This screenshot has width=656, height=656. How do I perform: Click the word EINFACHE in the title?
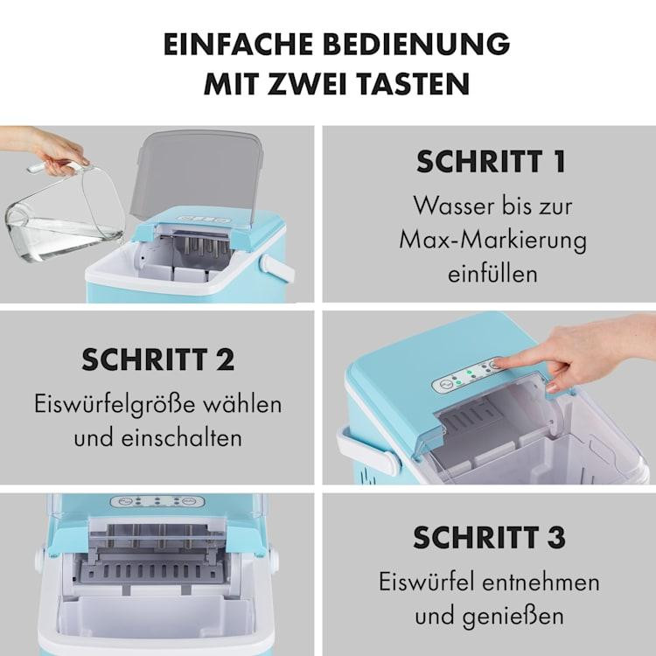(x=238, y=44)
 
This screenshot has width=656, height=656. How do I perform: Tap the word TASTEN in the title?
(x=415, y=84)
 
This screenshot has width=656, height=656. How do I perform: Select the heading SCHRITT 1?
(x=492, y=162)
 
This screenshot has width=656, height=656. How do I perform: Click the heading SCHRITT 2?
(x=158, y=359)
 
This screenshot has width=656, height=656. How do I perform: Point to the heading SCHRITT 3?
(x=490, y=537)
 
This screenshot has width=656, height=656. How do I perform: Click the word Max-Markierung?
(x=492, y=241)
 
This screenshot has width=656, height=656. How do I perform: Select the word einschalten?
(x=182, y=438)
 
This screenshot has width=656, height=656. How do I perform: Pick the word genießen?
(x=513, y=617)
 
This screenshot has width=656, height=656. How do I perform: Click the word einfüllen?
(x=492, y=275)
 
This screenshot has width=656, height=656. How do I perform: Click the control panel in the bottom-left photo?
(x=157, y=501)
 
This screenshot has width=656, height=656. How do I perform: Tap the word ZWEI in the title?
(x=307, y=84)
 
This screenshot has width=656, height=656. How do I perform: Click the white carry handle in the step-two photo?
(x=369, y=452)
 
